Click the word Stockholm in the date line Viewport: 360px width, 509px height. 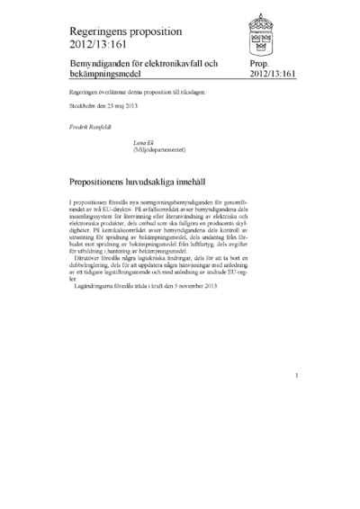[83, 107]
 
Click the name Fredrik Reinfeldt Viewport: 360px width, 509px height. [88, 128]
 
